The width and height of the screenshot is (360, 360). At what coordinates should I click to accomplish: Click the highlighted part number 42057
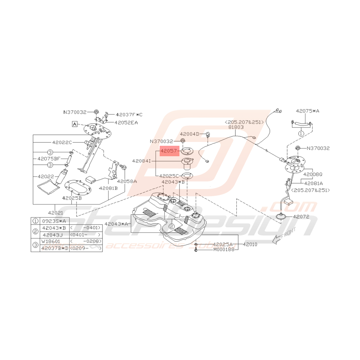pos(169,152)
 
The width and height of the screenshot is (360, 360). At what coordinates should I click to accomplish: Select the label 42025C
pos(169,176)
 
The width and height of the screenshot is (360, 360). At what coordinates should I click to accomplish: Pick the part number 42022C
pos(63,142)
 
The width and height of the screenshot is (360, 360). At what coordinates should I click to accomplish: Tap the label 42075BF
pos(49,159)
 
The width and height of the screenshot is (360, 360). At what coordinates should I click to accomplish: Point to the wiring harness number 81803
pos(236,127)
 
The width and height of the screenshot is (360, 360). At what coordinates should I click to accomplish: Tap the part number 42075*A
pos(308,111)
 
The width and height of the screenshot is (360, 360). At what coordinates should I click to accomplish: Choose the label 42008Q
pos(313,174)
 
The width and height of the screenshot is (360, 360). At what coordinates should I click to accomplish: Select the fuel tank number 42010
pos(250,245)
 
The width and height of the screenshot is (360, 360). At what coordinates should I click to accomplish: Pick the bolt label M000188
pos(224,250)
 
